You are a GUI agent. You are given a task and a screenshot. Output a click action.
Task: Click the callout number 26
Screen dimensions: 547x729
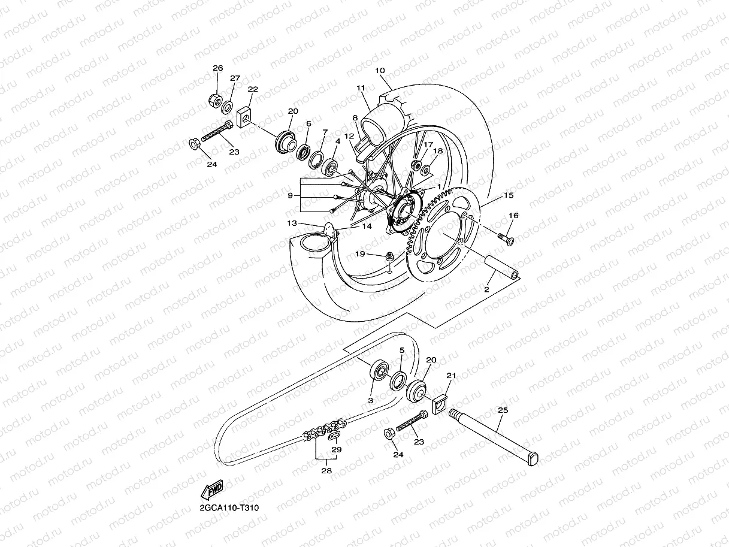[217, 68]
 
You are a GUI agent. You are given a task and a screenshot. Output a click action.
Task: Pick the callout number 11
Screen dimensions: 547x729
[361, 88]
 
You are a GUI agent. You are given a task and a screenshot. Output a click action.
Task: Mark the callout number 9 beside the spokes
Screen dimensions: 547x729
[289, 195]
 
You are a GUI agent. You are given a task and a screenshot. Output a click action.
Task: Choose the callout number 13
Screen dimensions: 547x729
[292, 223]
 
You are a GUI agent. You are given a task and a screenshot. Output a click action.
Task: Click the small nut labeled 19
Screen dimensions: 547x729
[389, 256]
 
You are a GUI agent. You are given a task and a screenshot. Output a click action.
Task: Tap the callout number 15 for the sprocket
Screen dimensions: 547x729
[509, 195]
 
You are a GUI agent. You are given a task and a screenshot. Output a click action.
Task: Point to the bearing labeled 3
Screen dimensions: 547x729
[379, 370]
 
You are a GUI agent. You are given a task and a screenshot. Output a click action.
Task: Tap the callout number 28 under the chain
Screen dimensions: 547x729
[326, 471]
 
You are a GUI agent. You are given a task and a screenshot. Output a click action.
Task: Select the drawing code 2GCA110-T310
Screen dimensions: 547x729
[229, 507]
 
